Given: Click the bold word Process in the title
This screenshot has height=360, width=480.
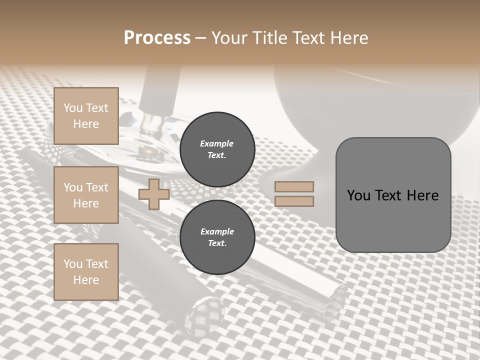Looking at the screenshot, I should pos(157,38).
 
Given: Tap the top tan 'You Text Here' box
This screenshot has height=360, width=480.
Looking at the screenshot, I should pos(86,116).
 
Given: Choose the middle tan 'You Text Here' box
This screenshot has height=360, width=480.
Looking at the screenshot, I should pos(86,195).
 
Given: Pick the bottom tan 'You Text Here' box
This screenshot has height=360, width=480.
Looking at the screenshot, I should pos(86,272).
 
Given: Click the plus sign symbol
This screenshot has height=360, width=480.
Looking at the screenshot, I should pos(154,194).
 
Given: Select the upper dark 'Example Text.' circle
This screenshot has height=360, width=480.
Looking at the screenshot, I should pos(217,149).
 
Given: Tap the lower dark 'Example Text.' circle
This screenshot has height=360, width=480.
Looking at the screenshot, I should pos(217,237).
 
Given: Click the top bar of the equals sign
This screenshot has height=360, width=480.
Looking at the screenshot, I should pos(294,186).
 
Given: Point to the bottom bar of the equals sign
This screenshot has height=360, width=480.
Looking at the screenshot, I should pos(294,201).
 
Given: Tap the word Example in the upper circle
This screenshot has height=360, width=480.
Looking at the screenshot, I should pos(217,143).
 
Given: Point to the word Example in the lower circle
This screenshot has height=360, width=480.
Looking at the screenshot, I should pos(217,231).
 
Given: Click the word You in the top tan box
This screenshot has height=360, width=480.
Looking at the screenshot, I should pos(72,108).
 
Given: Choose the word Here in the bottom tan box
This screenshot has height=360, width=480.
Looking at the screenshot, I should pos(86,280).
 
